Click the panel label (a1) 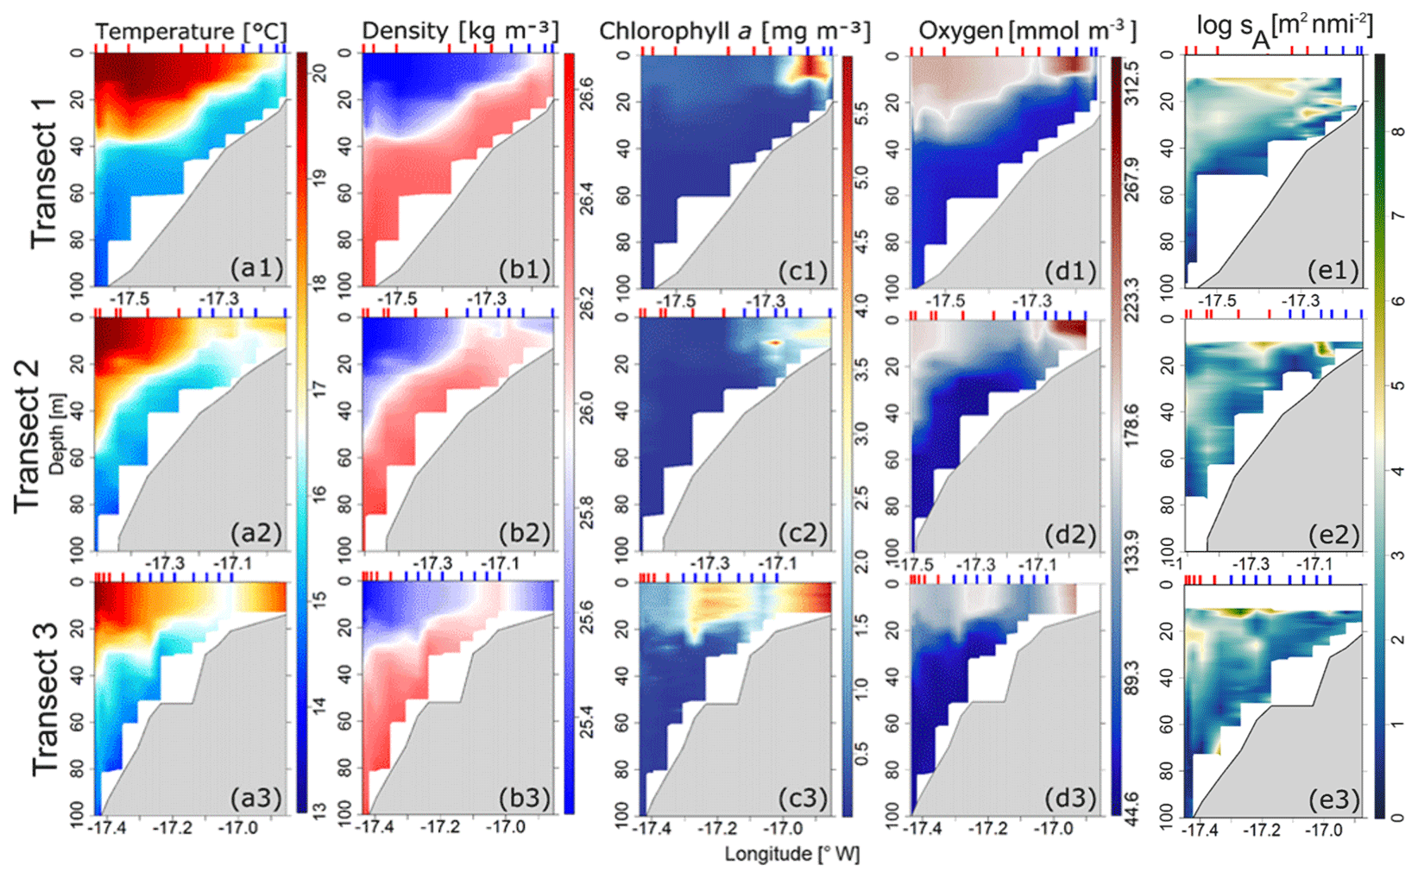click(x=256, y=269)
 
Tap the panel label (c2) click(x=802, y=534)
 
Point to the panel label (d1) click(x=1070, y=271)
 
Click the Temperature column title click(x=191, y=32)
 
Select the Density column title click(x=459, y=32)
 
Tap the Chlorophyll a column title click(x=734, y=32)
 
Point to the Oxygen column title click(x=1027, y=32)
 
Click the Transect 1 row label click(x=44, y=172)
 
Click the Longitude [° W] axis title click(x=791, y=855)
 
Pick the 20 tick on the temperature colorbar click(x=318, y=73)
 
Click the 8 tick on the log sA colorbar click(x=1397, y=132)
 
